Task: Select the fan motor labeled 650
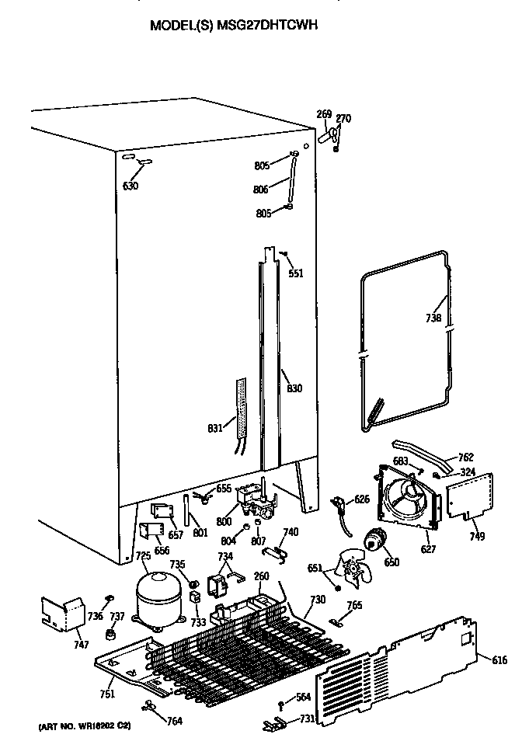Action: [378, 540]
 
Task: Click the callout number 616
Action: [499, 660]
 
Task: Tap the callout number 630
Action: [130, 186]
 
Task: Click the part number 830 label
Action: [294, 388]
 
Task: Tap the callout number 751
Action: [107, 694]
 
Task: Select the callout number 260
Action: [261, 576]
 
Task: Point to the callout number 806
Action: [261, 189]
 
